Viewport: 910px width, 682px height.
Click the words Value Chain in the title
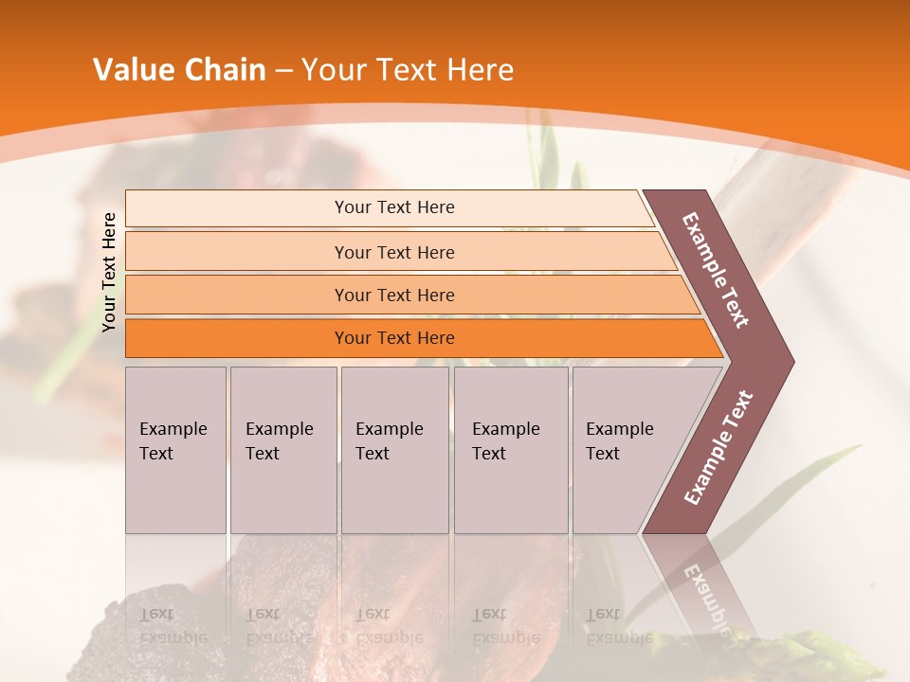click(179, 70)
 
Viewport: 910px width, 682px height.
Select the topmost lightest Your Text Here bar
click(394, 207)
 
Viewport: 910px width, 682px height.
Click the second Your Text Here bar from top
click(394, 252)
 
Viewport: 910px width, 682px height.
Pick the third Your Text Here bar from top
click(394, 296)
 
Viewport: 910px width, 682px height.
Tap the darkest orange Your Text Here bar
click(394, 338)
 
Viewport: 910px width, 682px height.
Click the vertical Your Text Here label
click(110, 272)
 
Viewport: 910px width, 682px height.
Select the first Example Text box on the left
click(175, 450)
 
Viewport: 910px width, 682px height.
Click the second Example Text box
click(282, 450)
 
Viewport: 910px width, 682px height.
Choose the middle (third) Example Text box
click(394, 450)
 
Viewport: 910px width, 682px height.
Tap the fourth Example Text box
click(510, 450)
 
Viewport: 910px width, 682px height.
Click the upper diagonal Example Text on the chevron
click(716, 270)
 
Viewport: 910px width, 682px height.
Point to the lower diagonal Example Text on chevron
click(719, 448)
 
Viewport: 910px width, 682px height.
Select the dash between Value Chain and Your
click(283, 71)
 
